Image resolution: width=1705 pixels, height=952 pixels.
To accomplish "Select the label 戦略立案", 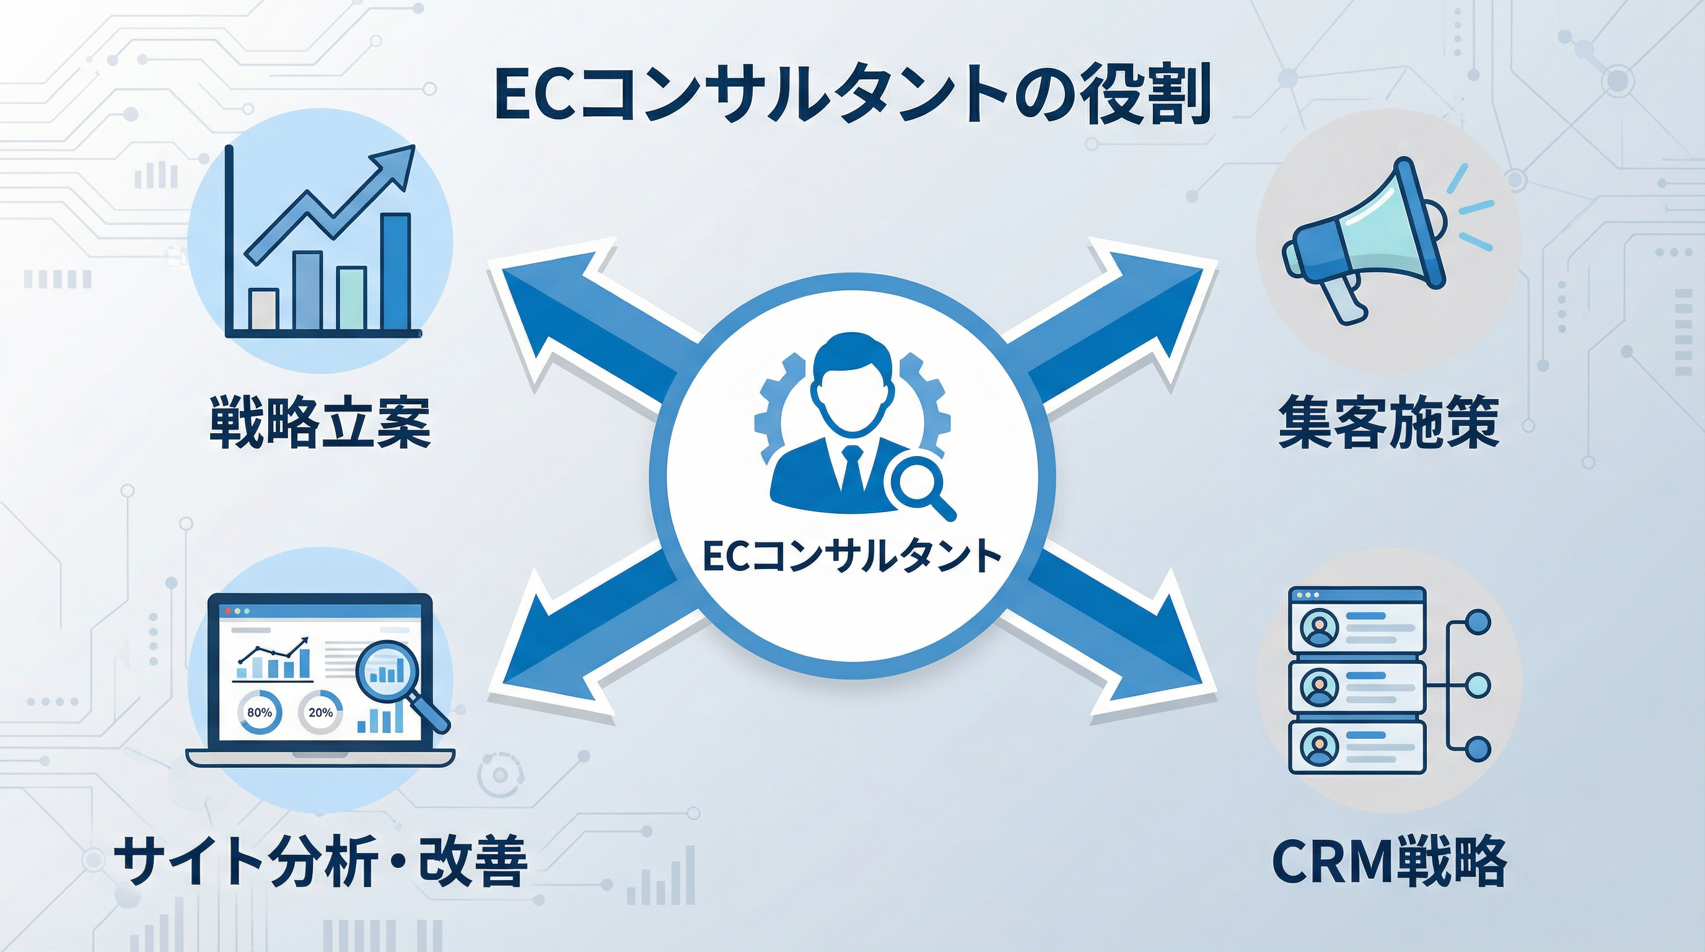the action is click(x=320, y=421).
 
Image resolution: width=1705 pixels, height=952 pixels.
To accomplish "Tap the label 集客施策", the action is click(x=1388, y=421).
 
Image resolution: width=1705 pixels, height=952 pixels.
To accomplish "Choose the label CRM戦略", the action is click(x=1388, y=862).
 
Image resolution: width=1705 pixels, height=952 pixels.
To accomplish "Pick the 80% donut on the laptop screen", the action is click(x=259, y=712).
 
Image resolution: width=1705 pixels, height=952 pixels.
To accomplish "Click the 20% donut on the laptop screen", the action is click(x=320, y=712).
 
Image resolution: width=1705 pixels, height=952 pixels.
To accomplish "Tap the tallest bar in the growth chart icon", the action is click(x=397, y=271).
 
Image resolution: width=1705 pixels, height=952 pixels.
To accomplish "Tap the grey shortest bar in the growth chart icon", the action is click(x=263, y=309).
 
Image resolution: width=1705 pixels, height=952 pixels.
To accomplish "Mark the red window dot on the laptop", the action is click(x=229, y=610).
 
